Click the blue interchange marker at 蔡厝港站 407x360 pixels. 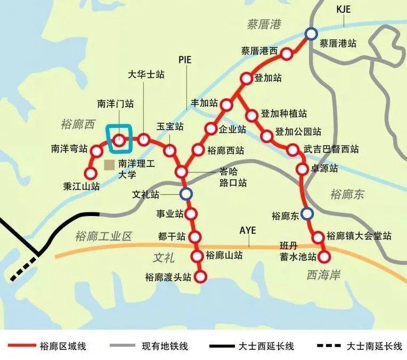[x=311, y=34]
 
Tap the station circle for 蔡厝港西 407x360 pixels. [x=287, y=54]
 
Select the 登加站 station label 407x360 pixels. [x=268, y=78]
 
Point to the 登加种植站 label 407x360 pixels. [x=284, y=114]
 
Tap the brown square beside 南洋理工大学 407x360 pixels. [x=109, y=164]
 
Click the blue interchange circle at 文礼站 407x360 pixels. [x=185, y=194]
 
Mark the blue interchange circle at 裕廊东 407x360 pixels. [x=306, y=214]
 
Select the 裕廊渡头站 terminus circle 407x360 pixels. [x=201, y=277]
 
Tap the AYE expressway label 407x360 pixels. [x=248, y=230]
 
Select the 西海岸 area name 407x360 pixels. [x=323, y=274]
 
